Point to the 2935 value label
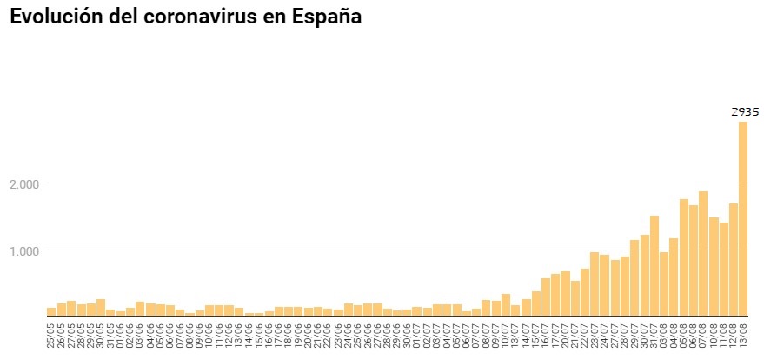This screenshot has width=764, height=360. tap(744, 111)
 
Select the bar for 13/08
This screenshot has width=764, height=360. tap(743, 217)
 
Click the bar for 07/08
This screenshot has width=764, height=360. tap(703, 253)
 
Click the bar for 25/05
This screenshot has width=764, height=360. tap(51, 311)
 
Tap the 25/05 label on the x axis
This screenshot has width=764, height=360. tap(51, 335)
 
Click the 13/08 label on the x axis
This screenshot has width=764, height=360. tap(743, 335)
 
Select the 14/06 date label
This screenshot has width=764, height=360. tap(249, 335)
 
